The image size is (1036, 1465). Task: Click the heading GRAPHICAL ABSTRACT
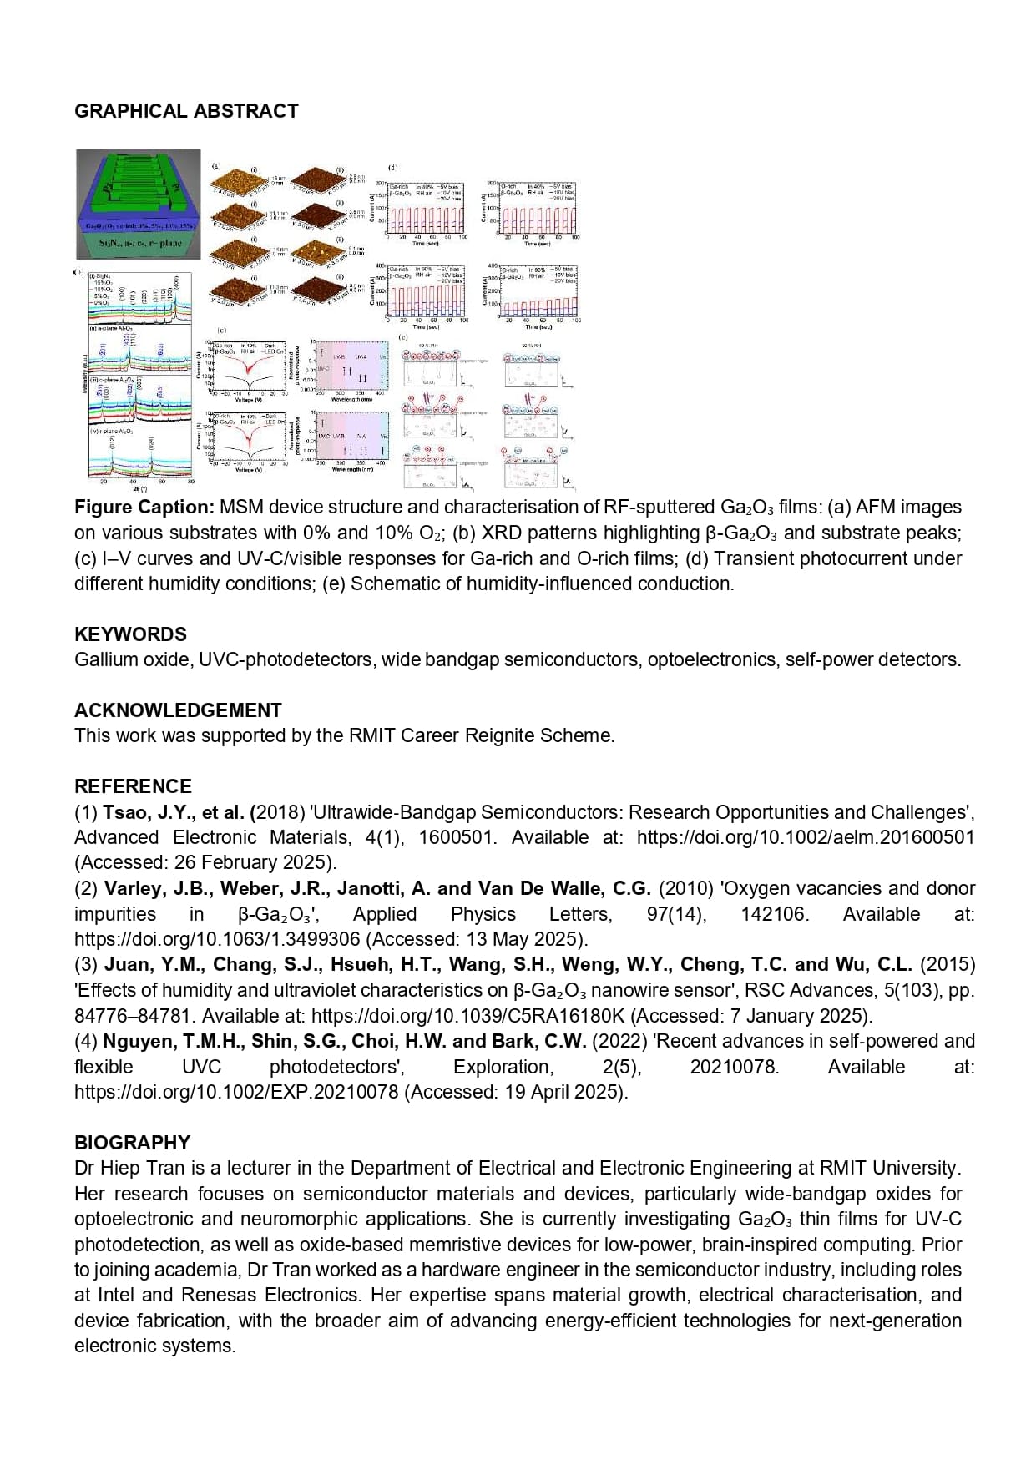pyautogui.click(x=186, y=111)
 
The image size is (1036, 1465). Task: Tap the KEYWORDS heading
pyautogui.click(x=130, y=634)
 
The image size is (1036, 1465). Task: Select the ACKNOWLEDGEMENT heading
pyautogui.click(x=178, y=710)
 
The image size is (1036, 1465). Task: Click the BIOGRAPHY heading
pyautogui.click(x=132, y=1142)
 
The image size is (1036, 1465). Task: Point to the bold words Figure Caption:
pyautogui.click(x=144, y=507)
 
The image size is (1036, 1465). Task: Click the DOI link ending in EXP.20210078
pyautogui.click(x=236, y=1092)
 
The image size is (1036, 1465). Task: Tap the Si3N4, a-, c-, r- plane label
pyautogui.click(x=139, y=243)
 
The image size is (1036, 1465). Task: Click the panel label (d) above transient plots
pyautogui.click(x=392, y=168)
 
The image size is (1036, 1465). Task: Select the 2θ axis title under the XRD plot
pyautogui.click(x=139, y=487)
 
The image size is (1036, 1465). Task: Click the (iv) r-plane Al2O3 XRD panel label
pyautogui.click(x=111, y=431)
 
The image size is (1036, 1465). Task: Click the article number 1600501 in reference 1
pyautogui.click(x=456, y=837)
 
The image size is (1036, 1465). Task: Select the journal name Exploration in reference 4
pyautogui.click(x=503, y=1067)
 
